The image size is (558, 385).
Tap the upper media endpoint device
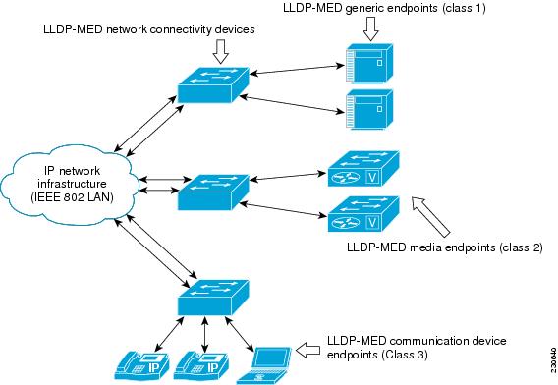click(362, 170)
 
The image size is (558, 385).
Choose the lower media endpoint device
click(362, 214)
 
